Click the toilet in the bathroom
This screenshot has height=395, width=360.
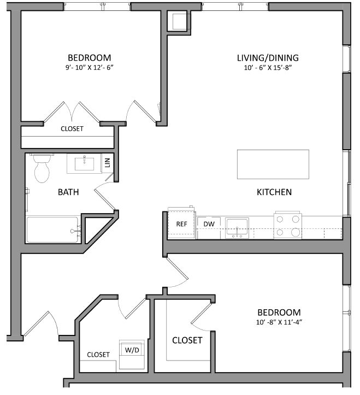[42, 170]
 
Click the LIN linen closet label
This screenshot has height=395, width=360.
[108, 163]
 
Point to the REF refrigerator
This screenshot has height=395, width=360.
[181, 224]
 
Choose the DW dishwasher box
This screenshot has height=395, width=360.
[209, 224]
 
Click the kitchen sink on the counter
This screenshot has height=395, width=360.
[238, 227]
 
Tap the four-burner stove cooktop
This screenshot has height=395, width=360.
[288, 225]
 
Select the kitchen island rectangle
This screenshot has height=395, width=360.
[273, 164]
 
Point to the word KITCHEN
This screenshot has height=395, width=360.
[274, 192]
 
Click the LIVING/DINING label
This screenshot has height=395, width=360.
[268, 58]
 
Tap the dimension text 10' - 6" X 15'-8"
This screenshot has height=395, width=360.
[268, 68]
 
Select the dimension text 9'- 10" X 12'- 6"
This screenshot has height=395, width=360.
[89, 68]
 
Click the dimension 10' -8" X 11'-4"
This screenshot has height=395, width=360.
[279, 322]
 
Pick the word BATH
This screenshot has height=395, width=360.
[68, 192]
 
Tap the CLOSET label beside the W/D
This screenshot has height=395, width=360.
[98, 355]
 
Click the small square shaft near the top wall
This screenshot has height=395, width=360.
[179, 22]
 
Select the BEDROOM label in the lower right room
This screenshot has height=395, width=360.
[279, 313]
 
